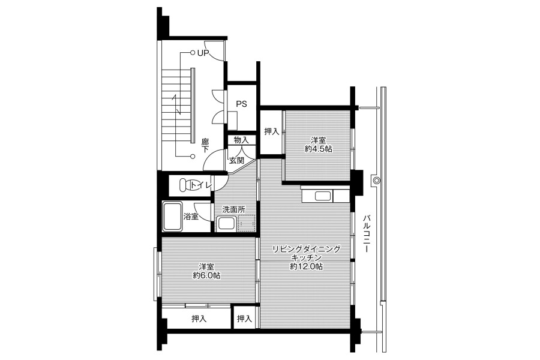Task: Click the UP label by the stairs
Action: [x=203, y=53]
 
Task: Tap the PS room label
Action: [x=241, y=104]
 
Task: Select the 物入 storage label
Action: [x=241, y=140]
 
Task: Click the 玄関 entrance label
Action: [x=236, y=160]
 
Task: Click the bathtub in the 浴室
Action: [x=172, y=217]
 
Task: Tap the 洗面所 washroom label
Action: [x=234, y=209]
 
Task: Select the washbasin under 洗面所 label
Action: [x=226, y=224]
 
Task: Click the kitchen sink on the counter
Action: [x=323, y=196]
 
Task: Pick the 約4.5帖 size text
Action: [x=318, y=149]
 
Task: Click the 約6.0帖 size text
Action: [x=206, y=275]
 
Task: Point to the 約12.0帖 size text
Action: [x=307, y=266]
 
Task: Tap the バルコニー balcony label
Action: [x=367, y=234]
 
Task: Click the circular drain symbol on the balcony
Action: [x=376, y=180]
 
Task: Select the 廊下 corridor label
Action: [x=205, y=145]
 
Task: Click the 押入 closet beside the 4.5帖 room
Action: [x=271, y=131]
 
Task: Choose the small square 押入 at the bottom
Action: [x=244, y=319]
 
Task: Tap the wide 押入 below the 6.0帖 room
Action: [x=199, y=319]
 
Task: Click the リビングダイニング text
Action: [x=307, y=249]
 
